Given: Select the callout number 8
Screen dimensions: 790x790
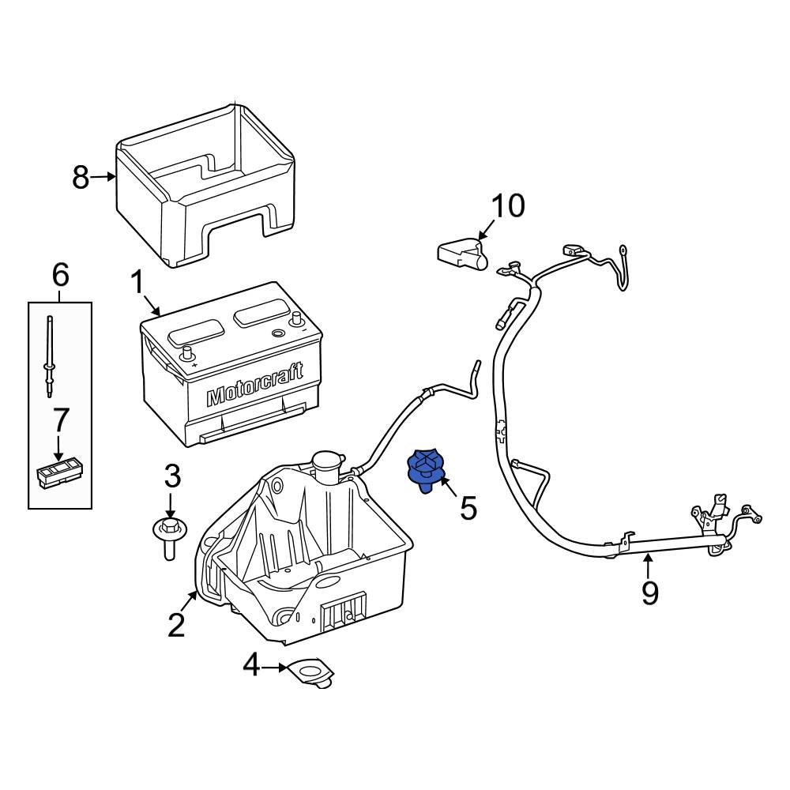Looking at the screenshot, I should click(x=81, y=178).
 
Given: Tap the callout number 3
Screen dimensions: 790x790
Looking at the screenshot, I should click(x=172, y=477).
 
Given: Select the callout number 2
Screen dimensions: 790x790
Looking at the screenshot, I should click(x=175, y=625).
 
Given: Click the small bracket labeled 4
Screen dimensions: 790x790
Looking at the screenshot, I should click(x=312, y=671).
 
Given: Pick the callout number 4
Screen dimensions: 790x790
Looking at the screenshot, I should click(x=250, y=667).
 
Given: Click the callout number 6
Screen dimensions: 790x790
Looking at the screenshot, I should click(x=60, y=276).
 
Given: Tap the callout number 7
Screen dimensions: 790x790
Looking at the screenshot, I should click(x=60, y=422).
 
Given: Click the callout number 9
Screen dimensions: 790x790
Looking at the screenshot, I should click(x=649, y=592).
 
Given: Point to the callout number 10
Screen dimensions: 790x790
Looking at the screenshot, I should click(x=508, y=206).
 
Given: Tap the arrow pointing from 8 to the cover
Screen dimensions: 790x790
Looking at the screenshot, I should click(x=103, y=178).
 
